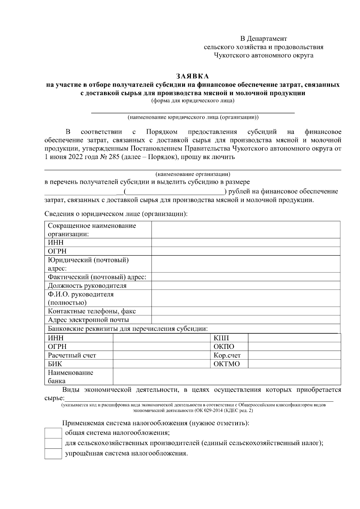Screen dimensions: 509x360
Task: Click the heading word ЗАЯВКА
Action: point(192,76)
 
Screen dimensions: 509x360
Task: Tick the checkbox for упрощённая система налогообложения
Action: point(53,454)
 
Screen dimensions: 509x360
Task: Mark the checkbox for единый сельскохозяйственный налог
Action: point(53,443)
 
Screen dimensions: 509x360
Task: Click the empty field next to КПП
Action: point(294,338)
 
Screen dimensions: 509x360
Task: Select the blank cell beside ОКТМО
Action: point(294,364)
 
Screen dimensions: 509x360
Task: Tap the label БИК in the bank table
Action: point(55,364)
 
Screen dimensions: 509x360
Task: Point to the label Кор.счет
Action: point(227,356)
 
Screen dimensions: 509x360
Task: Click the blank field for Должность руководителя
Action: point(246,285)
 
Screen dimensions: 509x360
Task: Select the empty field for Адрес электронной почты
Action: point(246,320)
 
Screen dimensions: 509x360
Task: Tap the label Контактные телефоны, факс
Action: point(92,311)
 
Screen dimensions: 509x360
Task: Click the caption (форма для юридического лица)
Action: point(193,100)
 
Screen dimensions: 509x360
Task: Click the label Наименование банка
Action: point(70,377)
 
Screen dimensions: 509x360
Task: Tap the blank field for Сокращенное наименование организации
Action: point(246,230)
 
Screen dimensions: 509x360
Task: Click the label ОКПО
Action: point(224,347)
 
